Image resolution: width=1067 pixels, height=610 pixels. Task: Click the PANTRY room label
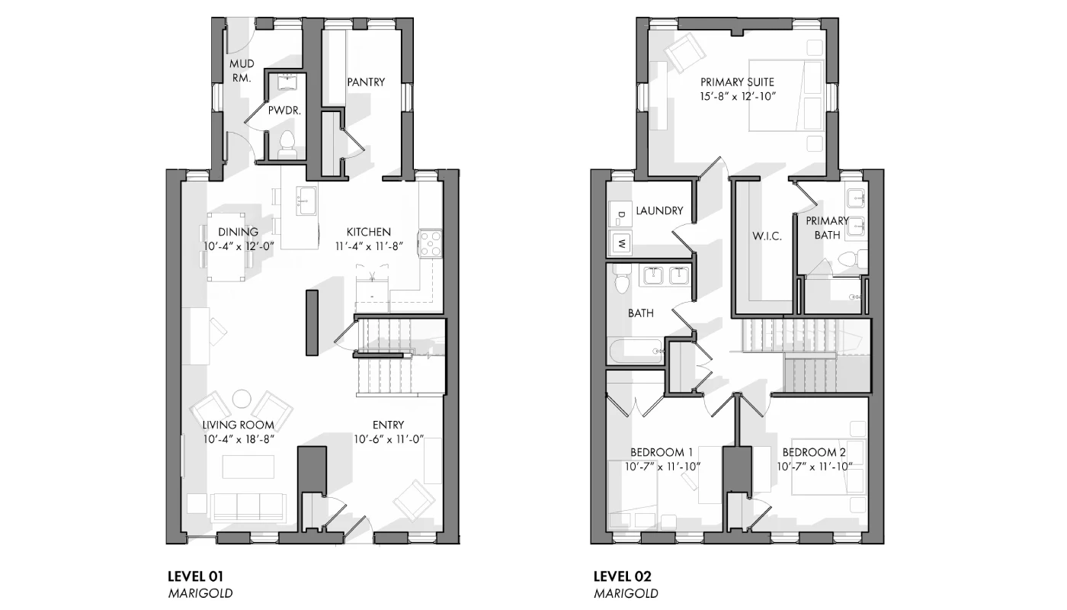tap(366, 82)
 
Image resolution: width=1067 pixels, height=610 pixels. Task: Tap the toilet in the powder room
tap(287, 145)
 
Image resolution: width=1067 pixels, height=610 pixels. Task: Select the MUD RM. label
tap(242, 70)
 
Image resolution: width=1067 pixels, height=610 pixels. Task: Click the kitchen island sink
tap(306, 201)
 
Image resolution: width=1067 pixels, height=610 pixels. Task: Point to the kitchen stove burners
tap(430, 243)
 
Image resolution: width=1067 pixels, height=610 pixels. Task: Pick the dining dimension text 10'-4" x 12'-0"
tap(239, 246)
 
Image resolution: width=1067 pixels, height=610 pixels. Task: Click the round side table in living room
tap(242, 399)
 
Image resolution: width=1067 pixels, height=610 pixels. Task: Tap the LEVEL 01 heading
tap(195, 576)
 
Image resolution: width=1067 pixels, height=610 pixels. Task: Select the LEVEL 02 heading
tap(622, 576)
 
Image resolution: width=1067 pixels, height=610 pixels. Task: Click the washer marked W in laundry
tap(621, 243)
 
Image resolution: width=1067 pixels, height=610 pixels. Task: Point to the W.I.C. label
tap(767, 236)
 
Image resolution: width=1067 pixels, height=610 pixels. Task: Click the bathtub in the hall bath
tap(636, 352)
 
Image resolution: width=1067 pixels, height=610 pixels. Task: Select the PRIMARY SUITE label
tap(738, 82)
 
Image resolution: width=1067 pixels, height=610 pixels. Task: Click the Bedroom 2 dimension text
tap(815, 467)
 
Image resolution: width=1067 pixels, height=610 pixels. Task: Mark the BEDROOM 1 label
tap(662, 451)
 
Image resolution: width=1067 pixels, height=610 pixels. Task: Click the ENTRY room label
tap(388, 425)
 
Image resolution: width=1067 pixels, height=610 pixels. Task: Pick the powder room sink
tap(287, 82)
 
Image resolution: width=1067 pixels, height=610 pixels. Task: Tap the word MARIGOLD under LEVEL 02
tap(626, 593)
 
